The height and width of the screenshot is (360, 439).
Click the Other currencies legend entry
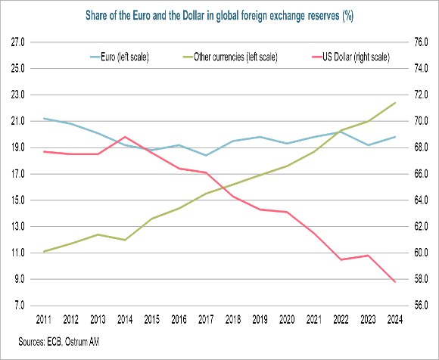[230, 56]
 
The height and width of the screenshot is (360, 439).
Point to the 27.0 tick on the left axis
[19, 42]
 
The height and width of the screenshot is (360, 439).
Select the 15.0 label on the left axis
[19, 200]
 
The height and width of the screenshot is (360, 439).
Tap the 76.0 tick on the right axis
[422, 42]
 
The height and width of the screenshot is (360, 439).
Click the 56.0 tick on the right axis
[422, 306]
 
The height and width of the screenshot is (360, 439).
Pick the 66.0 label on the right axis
[422, 174]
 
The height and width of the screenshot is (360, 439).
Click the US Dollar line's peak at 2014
[126, 137]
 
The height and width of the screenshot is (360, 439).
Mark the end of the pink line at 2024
[395, 282]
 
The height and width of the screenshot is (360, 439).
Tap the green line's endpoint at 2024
[395, 102]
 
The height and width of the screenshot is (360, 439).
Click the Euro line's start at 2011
[45, 118]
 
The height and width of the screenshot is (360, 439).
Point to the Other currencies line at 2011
[45, 251]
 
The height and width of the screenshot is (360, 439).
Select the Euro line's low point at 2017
[207, 156]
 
